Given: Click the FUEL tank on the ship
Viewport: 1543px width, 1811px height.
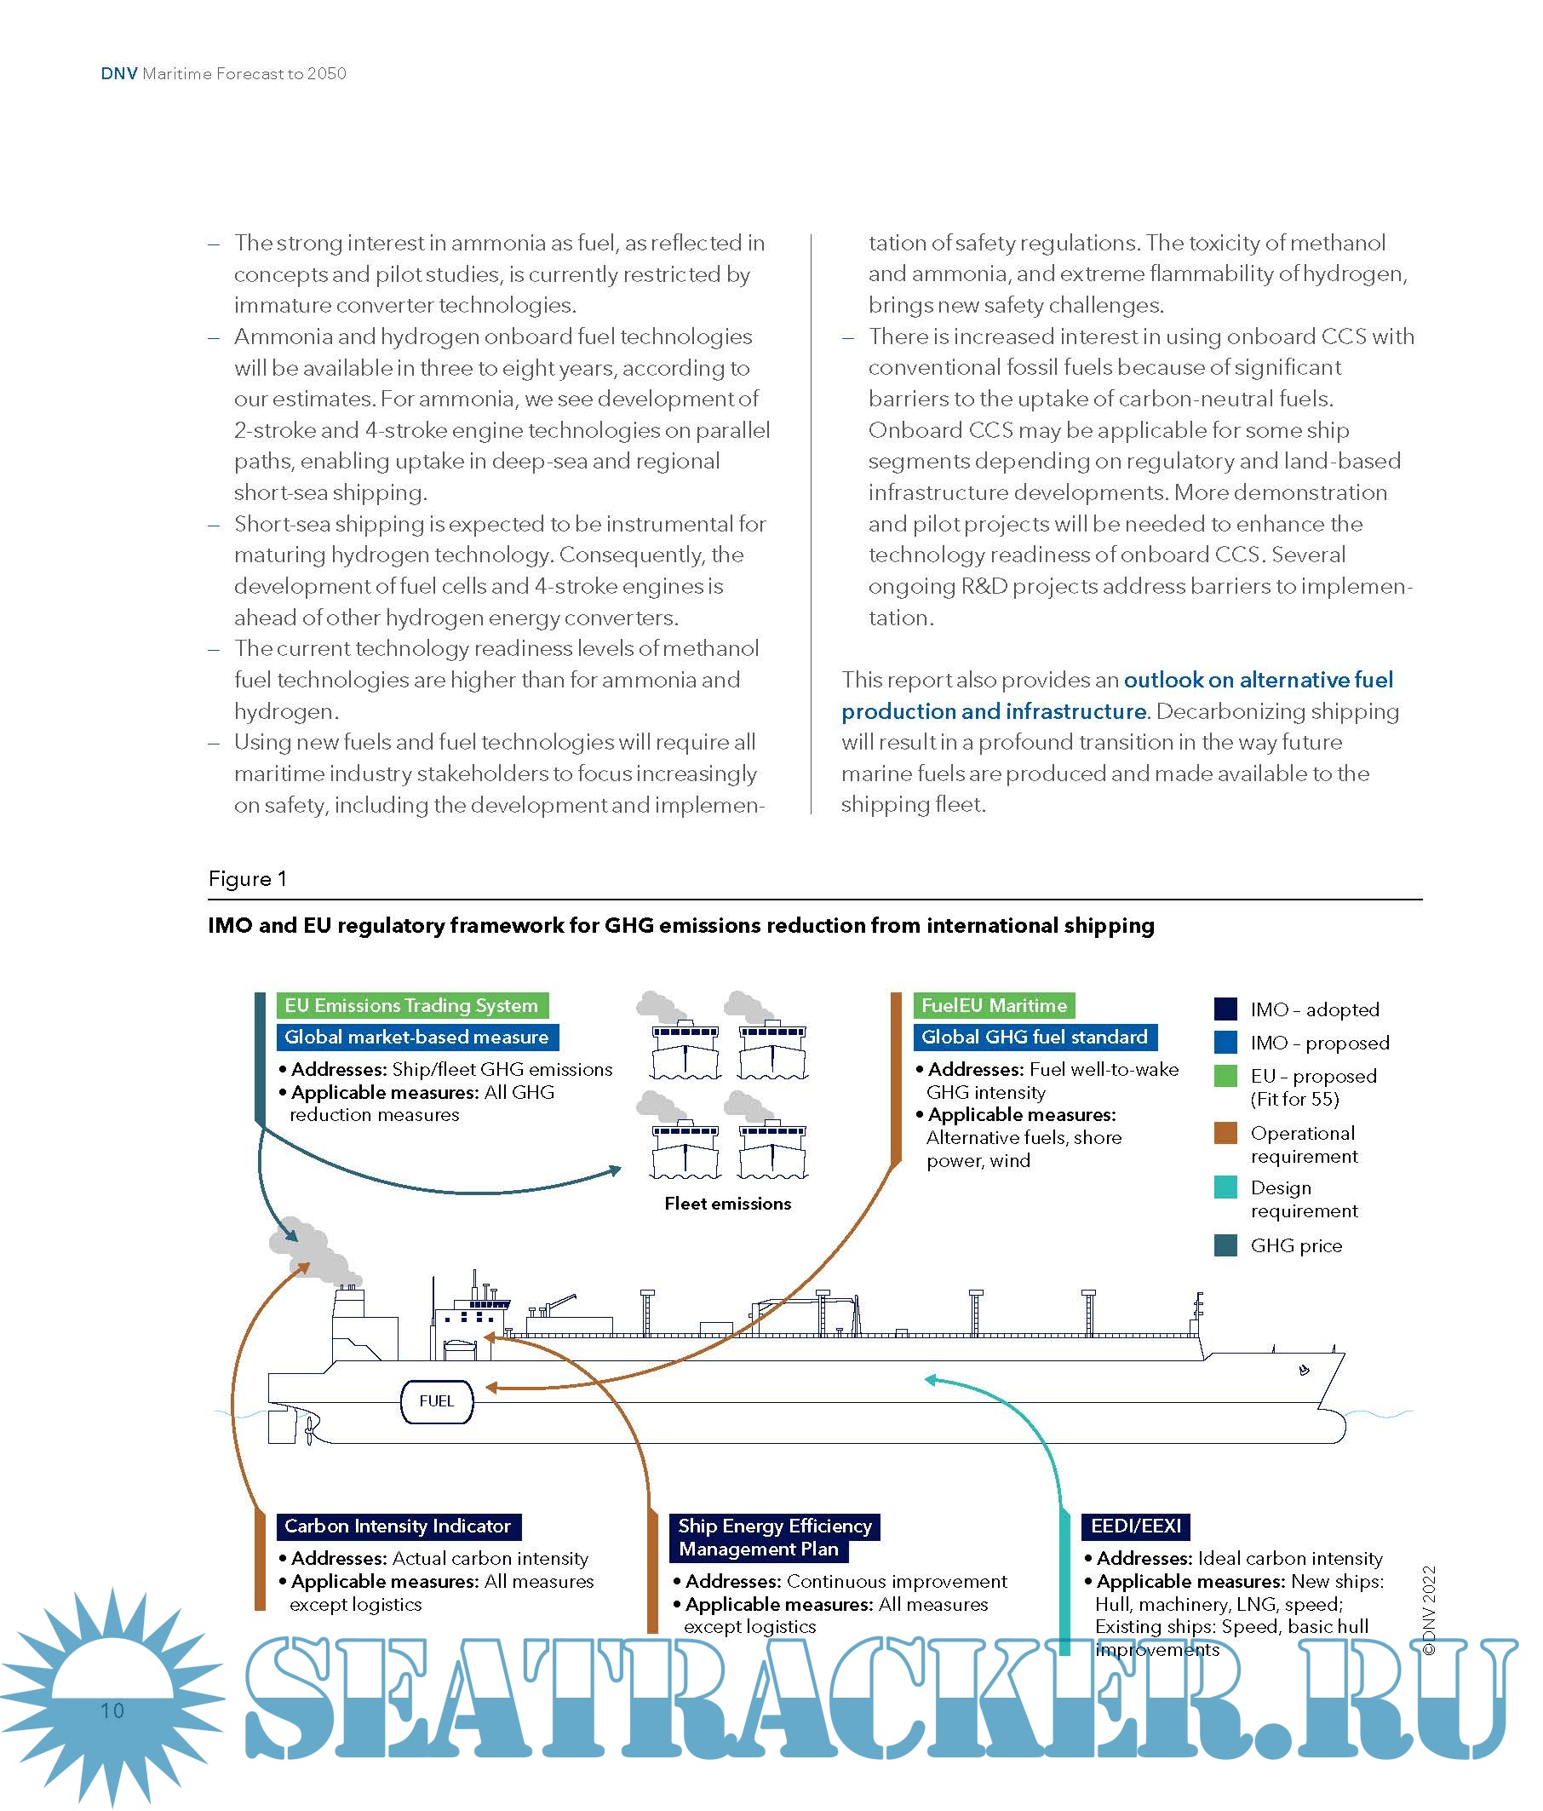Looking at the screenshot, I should pos(436,1401).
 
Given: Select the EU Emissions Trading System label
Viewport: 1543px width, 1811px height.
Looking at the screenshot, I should pos(411,1005).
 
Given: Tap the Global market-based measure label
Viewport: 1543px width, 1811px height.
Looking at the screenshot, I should pos(416,1038).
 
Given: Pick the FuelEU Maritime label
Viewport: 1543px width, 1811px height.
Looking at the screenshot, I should pos(994,1005).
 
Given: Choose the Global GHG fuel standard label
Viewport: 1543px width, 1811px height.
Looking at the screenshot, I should pos(1035,1038).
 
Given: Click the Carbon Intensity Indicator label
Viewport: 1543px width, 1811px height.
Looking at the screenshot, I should pos(398,1526).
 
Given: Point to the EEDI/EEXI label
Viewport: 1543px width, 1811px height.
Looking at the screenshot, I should pos(1135,1526).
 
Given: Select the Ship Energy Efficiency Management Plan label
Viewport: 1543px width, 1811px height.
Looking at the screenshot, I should pos(774,1538).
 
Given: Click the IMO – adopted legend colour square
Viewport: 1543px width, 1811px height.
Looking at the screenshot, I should pos(1225,1009).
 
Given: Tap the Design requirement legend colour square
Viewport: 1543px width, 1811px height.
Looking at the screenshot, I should pos(1225,1187).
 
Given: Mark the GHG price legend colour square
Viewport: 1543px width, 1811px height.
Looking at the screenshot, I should pos(1225,1245).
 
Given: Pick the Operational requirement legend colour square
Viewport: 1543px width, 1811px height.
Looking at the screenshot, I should pos(1225,1133).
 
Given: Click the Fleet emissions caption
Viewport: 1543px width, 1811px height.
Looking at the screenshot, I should pos(728,1204).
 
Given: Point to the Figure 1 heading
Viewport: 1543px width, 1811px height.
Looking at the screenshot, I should pos(247,878).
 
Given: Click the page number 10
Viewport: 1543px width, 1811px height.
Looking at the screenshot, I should pos(112,1710).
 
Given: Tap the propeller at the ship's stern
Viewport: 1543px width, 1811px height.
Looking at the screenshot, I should pos(309,1431).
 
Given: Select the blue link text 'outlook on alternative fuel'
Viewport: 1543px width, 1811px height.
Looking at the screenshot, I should pos(1259,680).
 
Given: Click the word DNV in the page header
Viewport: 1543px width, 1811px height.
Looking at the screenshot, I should pos(119,73).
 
